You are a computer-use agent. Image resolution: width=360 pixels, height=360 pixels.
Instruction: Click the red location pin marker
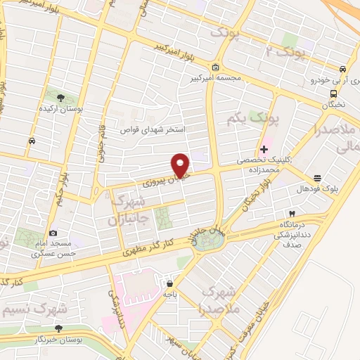coord(181,165)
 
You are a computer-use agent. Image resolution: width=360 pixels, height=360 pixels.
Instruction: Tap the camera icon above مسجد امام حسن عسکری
coord(53,233)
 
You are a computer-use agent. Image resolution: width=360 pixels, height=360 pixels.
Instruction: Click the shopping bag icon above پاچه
coord(169,285)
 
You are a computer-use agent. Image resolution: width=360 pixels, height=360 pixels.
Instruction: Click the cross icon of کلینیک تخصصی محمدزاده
coord(264,149)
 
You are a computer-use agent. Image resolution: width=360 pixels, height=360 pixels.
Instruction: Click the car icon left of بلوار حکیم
coord(32,141)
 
